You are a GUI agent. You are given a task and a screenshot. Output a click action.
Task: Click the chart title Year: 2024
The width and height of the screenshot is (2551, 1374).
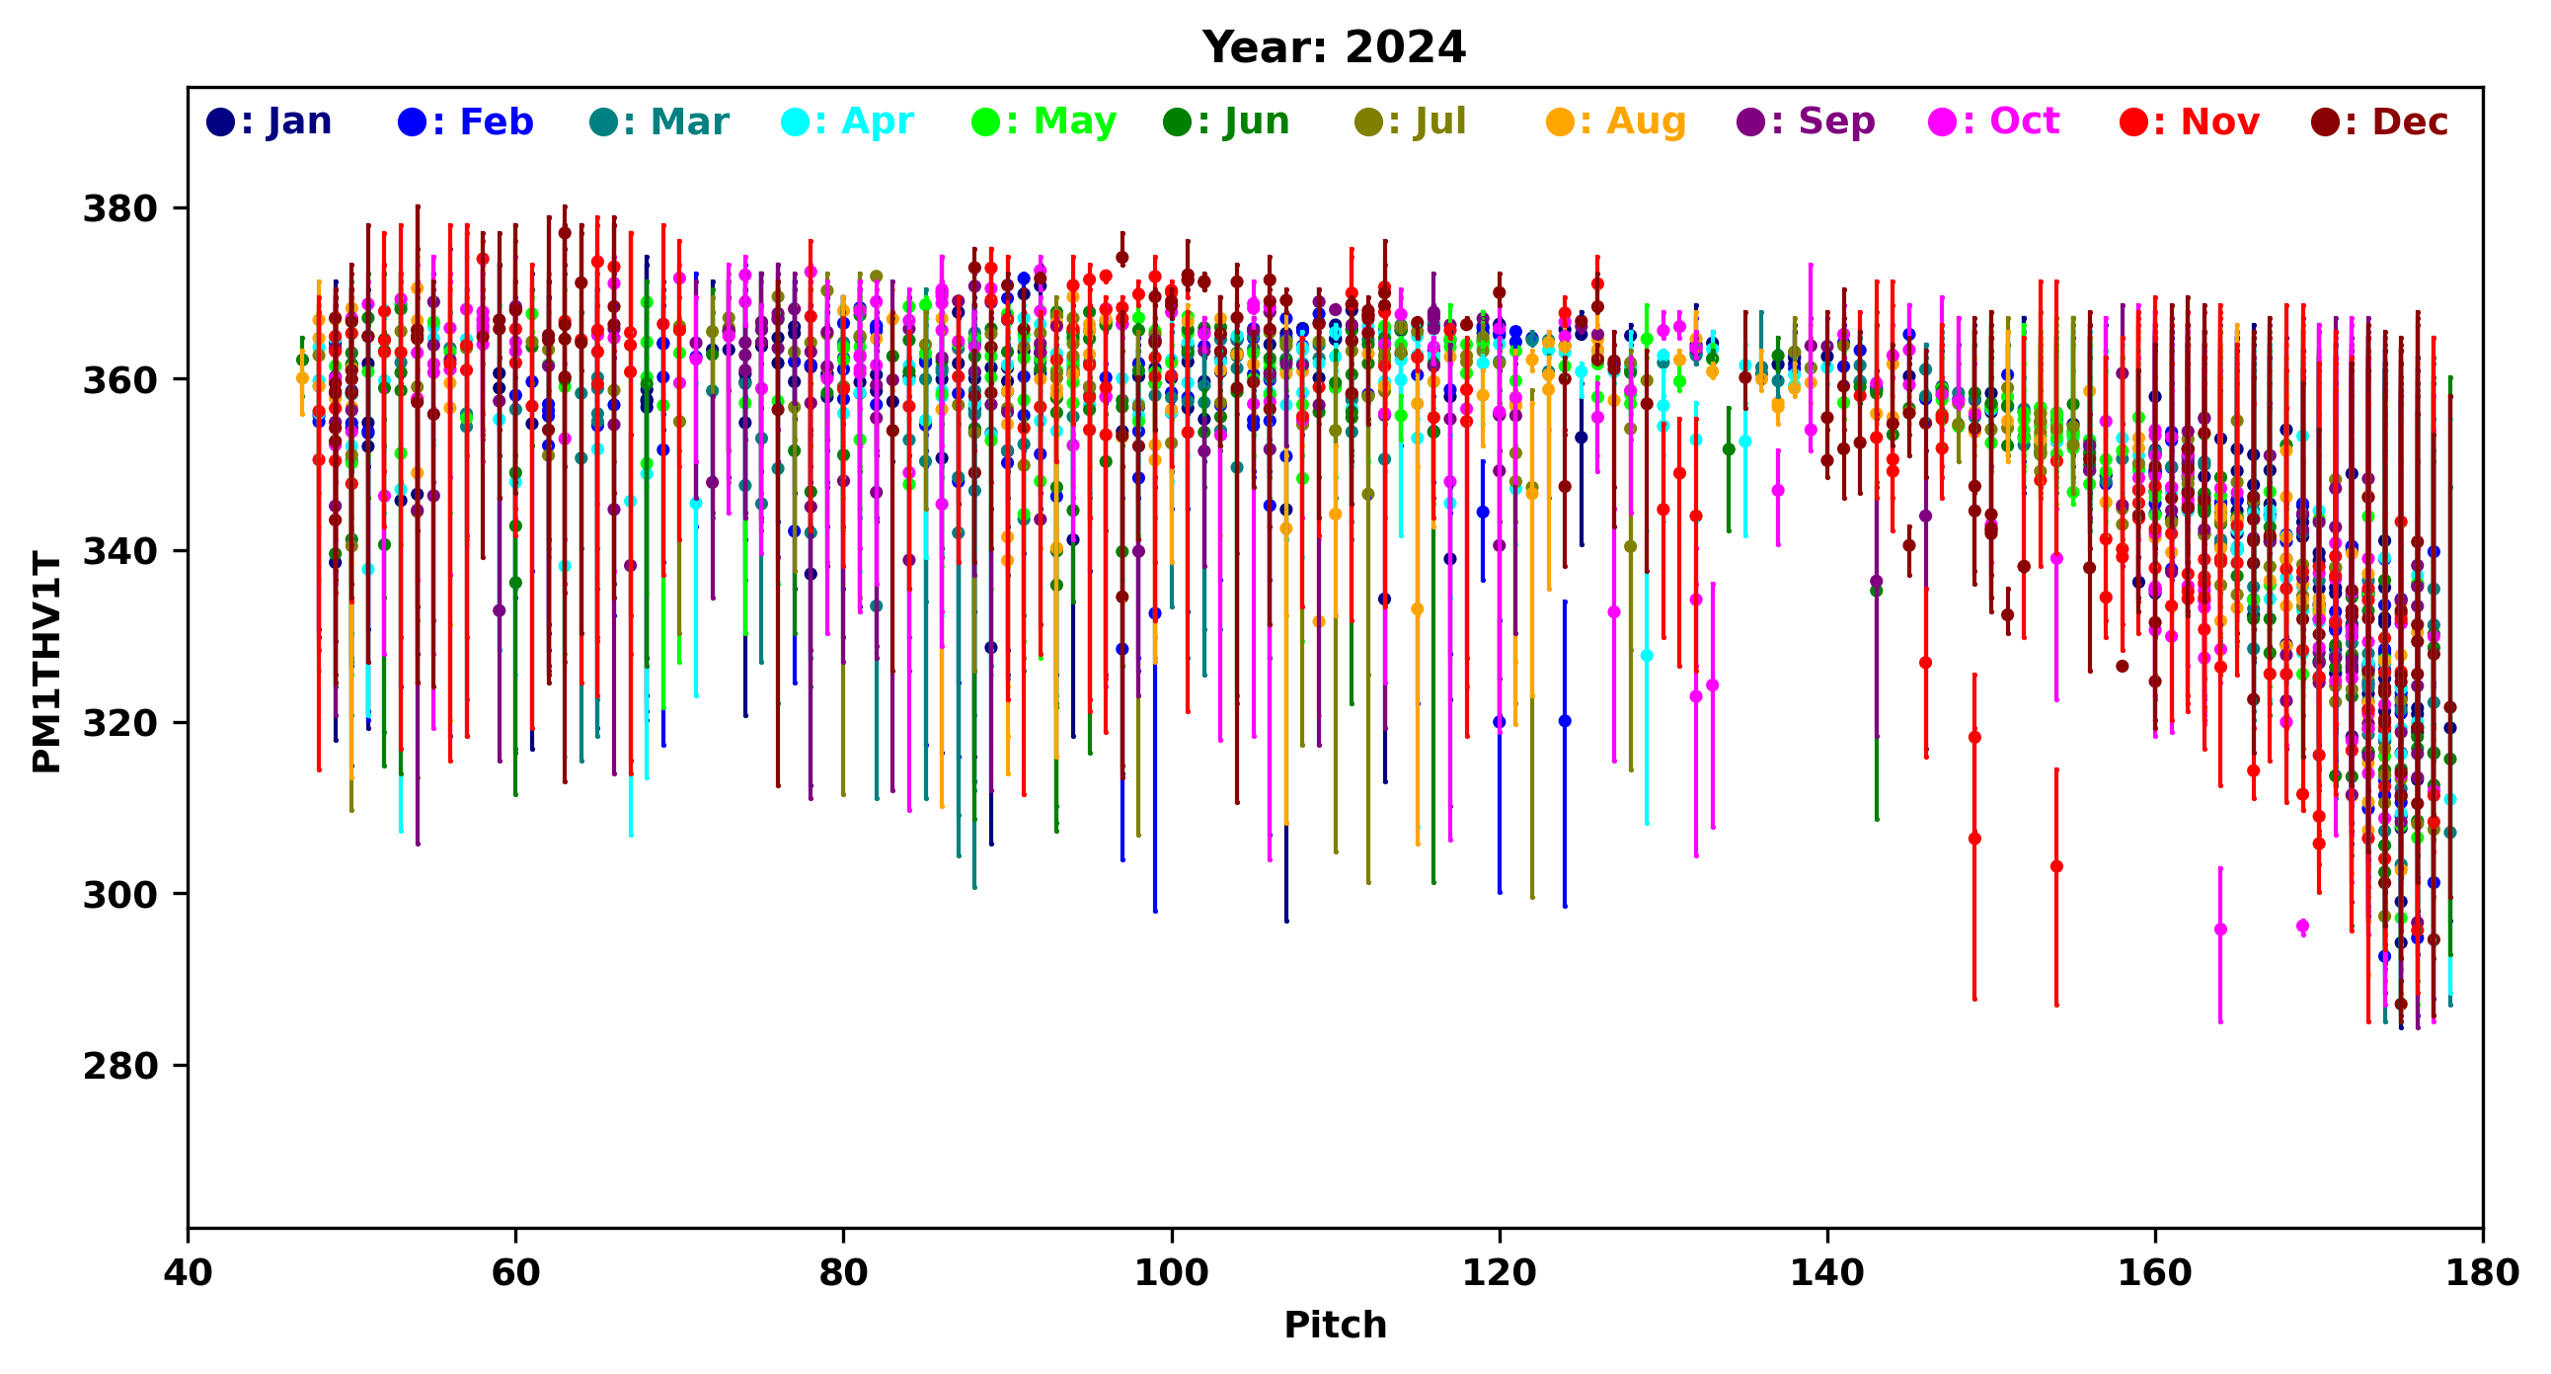[1333, 47]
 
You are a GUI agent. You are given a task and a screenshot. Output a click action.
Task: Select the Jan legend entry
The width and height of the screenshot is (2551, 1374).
[270, 121]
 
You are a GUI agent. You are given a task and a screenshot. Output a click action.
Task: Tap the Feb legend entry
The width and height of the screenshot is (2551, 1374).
[465, 121]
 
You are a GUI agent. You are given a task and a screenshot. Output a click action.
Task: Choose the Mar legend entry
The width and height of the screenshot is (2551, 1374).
[658, 121]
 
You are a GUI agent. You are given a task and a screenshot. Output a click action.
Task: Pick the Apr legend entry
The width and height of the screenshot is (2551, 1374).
[848, 121]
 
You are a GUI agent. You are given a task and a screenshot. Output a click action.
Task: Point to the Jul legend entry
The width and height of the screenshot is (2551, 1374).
[1410, 121]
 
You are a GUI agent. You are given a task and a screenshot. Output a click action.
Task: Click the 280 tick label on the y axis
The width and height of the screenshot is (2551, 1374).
[119, 1066]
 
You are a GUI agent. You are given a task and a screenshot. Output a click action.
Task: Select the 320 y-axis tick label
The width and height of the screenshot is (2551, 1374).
[119, 723]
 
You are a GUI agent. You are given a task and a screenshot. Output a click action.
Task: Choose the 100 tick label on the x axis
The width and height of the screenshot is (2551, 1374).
[1172, 1273]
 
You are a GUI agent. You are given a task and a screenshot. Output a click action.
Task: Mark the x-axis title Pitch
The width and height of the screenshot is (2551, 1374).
[1335, 1326]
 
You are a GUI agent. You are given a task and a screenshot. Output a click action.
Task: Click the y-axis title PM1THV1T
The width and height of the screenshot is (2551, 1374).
[46, 662]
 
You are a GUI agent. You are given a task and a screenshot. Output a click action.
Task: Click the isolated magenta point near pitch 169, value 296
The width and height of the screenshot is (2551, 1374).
[2302, 927]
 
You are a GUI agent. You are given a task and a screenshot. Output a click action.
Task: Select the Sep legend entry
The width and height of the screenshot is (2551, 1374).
[1807, 121]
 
